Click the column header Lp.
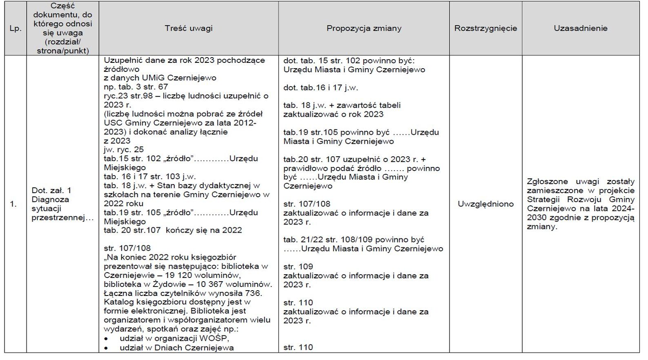(16, 29)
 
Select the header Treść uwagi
(189, 28)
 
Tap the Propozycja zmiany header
(364, 28)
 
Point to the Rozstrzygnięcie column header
(485, 28)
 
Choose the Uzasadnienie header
(580, 28)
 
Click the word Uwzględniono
(485, 204)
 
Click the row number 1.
(13, 204)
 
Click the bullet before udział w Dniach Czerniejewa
(106, 348)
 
